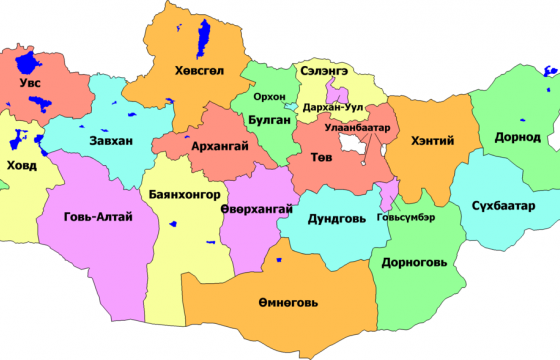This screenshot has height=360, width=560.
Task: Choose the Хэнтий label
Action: click(x=432, y=141)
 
